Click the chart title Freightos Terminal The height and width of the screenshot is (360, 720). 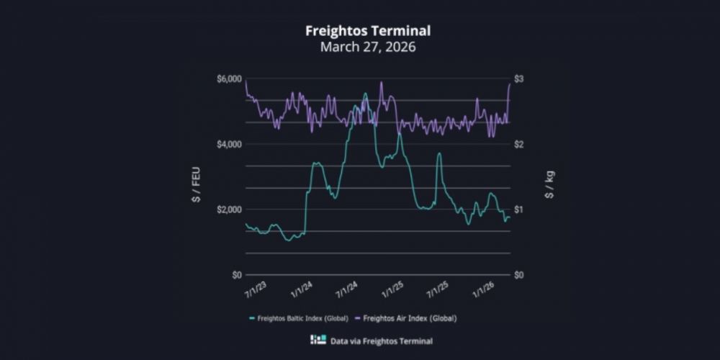click(360, 31)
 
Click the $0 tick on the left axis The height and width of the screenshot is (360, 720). click(235, 275)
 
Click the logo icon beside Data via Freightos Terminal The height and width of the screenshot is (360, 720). click(315, 339)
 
